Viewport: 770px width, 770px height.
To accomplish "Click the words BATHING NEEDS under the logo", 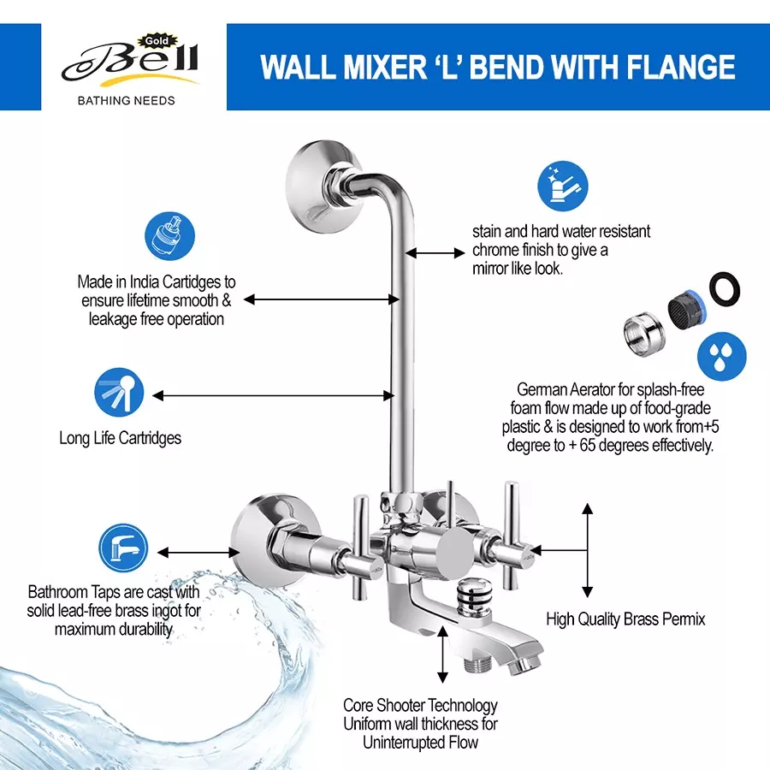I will pos(126,100).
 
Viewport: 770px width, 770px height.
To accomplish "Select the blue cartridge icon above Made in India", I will pos(167,239).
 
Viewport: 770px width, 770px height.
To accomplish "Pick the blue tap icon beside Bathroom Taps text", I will pos(123,548).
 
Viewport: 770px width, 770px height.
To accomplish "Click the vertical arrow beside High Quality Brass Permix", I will pos(587,550).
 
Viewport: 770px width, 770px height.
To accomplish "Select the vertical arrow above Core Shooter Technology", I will pos(442,654).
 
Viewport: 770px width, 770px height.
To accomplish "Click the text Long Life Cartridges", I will pos(120,437).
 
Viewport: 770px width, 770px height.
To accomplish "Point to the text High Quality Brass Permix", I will pos(625,619).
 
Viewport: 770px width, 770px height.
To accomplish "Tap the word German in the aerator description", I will pos(542,390).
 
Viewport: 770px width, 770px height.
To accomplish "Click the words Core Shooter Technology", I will pos(420,705).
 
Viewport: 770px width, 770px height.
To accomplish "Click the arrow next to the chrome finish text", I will pos(435,252).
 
